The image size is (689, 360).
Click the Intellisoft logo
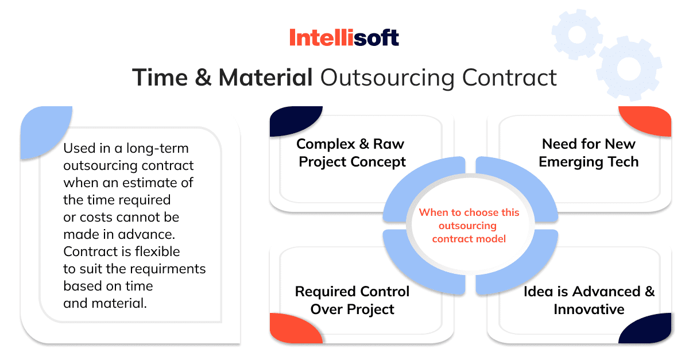344,38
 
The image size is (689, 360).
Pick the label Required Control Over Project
353,300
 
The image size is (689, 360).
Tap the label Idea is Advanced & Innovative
589,300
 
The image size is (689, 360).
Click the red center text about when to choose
469,225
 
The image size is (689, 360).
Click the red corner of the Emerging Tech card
649,122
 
